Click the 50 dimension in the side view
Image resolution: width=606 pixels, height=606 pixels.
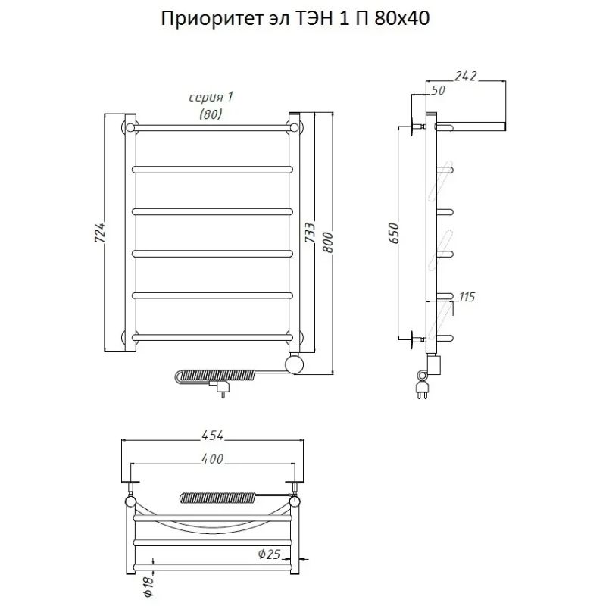pyautogui.click(x=437, y=90)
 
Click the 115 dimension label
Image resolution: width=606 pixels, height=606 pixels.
pyautogui.click(x=466, y=297)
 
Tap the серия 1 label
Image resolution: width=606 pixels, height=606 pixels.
pyautogui.click(x=210, y=98)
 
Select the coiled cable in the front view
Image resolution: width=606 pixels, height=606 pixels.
pyautogui.click(x=212, y=375)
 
